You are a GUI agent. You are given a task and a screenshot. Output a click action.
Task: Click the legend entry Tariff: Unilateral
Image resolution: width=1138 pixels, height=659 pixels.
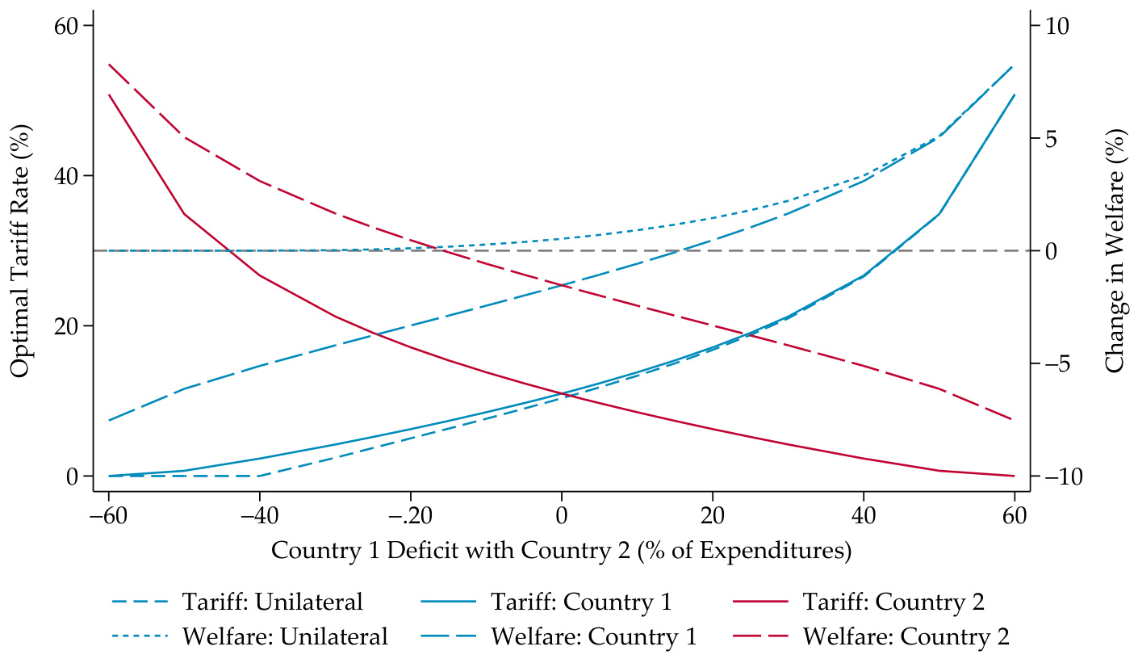[x=272, y=602]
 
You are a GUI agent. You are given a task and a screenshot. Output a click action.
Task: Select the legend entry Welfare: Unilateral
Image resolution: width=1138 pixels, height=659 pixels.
[x=285, y=636]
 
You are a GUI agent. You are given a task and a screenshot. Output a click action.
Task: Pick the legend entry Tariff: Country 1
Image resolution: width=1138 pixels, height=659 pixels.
[x=581, y=602]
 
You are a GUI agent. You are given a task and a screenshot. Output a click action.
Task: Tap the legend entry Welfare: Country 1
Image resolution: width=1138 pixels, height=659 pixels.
[x=594, y=636]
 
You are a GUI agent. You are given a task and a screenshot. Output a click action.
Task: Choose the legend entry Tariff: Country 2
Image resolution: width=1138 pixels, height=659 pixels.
[x=893, y=602]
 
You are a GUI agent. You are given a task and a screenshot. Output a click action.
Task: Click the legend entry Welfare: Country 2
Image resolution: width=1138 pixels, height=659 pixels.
[x=906, y=636]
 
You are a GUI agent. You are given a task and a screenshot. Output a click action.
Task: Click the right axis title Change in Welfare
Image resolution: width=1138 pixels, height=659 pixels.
[x=1115, y=250]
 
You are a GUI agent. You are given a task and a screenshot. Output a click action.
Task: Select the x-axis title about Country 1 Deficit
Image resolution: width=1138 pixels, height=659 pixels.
[x=562, y=551]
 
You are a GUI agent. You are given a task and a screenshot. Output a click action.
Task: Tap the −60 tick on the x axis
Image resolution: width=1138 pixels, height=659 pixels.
[x=108, y=515]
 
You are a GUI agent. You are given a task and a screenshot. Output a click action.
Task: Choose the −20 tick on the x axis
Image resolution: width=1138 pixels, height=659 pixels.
[x=410, y=515]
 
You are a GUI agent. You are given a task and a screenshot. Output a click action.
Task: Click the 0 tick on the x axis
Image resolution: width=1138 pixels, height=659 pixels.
[x=562, y=515]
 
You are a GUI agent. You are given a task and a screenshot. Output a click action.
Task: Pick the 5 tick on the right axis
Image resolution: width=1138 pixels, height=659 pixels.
[x=1048, y=138]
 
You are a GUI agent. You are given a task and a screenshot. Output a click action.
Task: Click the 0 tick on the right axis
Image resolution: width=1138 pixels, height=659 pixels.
[x=1048, y=251]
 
